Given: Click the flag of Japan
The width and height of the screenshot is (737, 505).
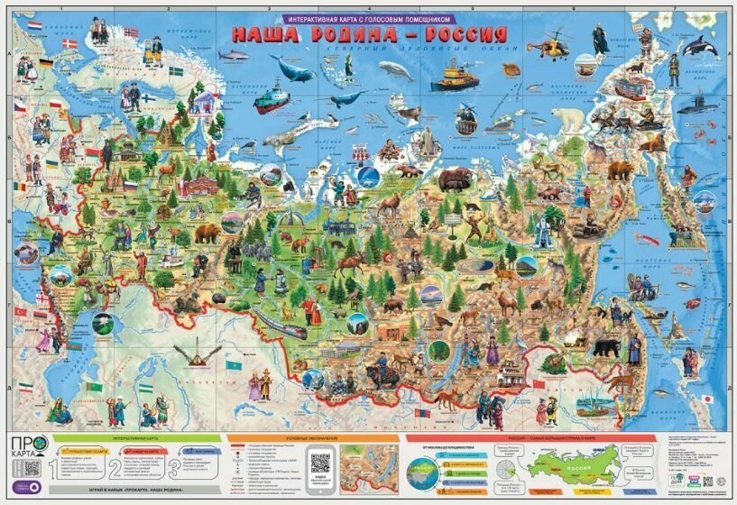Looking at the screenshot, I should pos(707,398).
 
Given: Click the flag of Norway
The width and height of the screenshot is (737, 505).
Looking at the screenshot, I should pos(131,33).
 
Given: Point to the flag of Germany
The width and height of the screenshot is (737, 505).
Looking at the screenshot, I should pos(45,63).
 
